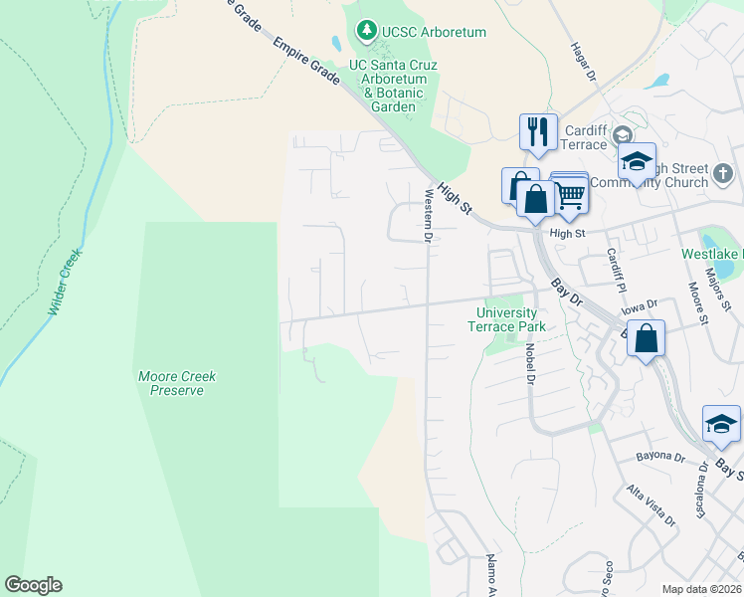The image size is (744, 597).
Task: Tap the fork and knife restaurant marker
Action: coord(538,131)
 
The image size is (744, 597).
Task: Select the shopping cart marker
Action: coord(569,193)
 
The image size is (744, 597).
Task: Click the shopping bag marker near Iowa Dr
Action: coord(646,338)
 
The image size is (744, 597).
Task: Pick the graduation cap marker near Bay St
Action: coord(721,424)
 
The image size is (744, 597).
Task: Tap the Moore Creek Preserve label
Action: coord(177,383)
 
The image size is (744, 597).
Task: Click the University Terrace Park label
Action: coord(507,318)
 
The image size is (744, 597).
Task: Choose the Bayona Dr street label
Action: coord(661,457)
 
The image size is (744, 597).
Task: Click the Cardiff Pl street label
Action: coord(616,269)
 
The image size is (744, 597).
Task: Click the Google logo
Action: coord(33,585)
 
